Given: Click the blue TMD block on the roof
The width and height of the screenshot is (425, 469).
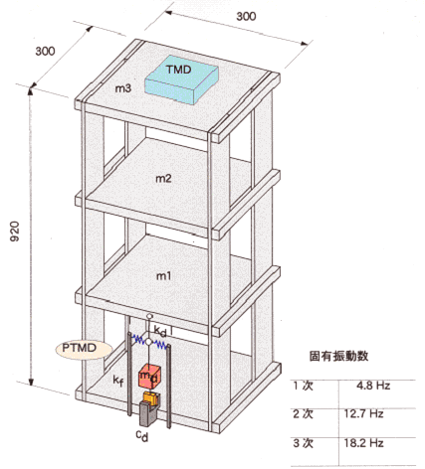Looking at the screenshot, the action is (181, 79).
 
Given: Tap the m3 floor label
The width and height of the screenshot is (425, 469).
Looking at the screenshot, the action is (123, 88).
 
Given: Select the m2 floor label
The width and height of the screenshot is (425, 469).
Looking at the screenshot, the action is (163, 179).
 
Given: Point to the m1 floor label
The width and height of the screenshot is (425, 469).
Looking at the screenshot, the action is (163, 275).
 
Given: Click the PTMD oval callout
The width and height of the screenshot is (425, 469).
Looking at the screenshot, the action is (84, 349).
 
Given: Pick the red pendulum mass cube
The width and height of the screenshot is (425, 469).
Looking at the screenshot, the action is (149, 377).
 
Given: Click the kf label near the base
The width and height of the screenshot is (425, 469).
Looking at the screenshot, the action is (118, 382).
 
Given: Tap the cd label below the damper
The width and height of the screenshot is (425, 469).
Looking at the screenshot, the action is (142, 436).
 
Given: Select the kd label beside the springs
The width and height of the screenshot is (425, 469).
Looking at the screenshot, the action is (160, 331).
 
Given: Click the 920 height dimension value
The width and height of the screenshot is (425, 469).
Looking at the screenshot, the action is (15, 232).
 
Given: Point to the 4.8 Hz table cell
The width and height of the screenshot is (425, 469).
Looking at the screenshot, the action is (373, 386).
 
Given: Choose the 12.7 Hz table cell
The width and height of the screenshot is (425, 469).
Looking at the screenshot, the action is (363, 413).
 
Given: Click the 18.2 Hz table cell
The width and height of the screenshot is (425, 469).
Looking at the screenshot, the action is (363, 443).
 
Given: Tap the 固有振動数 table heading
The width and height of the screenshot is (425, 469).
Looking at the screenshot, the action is (338, 356).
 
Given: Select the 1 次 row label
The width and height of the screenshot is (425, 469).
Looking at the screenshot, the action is (303, 386).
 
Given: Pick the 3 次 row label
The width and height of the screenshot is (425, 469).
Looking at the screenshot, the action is (303, 443).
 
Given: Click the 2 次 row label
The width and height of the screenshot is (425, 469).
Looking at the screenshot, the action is (303, 413).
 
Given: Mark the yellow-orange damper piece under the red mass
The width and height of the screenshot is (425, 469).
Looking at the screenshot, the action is (150, 397).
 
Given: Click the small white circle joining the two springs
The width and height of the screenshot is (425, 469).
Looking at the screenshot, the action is (149, 342).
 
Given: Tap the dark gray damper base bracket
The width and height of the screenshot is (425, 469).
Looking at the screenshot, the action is (147, 412).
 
